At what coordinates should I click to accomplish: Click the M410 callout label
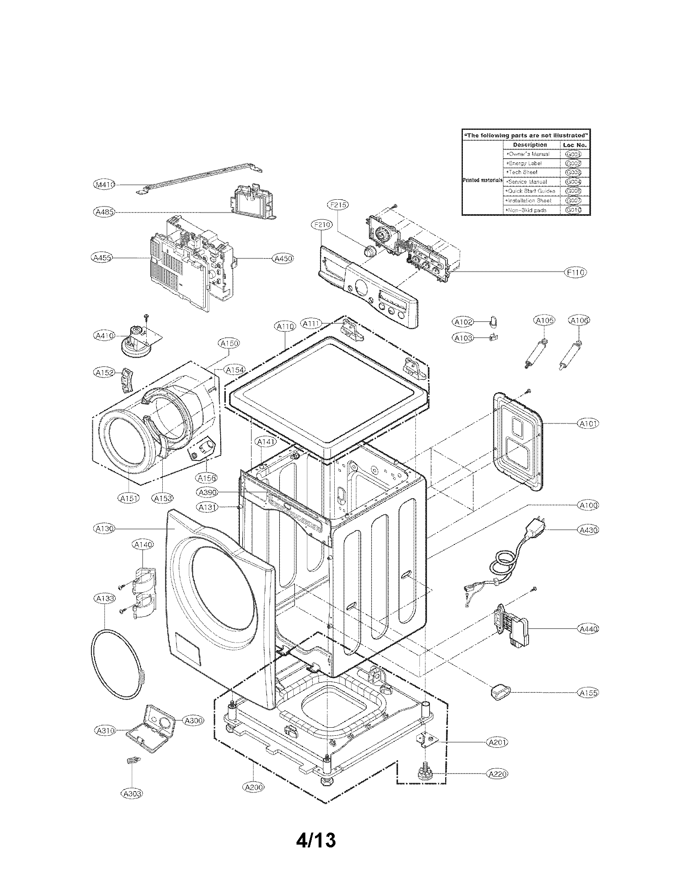click(104, 184)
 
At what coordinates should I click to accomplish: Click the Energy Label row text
click(525, 163)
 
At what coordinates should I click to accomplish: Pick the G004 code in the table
click(573, 182)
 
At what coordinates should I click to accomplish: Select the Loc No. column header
click(575, 145)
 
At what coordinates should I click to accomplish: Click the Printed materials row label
click(482, 180)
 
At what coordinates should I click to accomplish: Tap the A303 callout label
click(132, 794)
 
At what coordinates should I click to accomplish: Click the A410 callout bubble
click(104, 336)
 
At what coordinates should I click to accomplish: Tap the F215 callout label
click(337, 205)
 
